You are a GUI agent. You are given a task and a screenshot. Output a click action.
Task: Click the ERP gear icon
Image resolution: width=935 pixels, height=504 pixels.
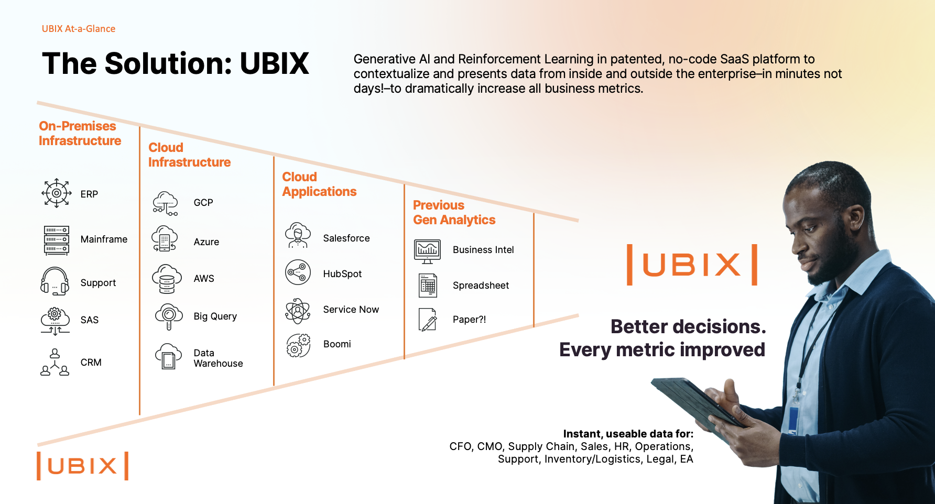[56, 193]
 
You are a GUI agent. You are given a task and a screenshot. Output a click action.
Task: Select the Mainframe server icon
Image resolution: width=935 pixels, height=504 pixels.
[56, 240]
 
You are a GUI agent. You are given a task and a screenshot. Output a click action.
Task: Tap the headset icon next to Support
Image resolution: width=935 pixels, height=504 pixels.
[55, 281]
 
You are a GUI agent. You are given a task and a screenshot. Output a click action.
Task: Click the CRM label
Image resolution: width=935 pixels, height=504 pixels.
[91, 363]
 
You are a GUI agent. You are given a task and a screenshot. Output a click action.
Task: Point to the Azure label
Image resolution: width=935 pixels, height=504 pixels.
[206, 242]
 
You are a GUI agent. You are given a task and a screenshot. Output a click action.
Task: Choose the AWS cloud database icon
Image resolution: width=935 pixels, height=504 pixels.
[167, 279]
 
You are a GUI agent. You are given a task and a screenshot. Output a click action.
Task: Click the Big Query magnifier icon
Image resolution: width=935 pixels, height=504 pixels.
[168, 316]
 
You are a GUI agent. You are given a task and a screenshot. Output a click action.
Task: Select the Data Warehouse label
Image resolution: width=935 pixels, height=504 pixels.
[218, 358]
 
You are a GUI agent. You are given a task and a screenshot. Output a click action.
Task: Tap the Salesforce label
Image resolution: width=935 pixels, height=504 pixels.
[346, 238]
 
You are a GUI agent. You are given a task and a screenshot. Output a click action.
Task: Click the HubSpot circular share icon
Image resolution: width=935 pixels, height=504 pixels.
[298, 272]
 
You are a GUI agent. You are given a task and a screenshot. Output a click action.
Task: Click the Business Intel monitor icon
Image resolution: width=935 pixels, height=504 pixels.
[427, 251]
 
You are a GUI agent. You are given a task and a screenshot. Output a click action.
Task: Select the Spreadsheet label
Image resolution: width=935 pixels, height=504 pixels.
[481, 286]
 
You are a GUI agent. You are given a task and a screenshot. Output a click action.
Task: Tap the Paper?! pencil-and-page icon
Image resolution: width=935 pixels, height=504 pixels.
[428, 319]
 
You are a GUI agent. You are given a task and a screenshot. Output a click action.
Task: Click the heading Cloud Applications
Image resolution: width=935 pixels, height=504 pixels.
[319, 184]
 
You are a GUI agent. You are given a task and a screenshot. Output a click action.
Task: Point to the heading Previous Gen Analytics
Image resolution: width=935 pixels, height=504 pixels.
[454, 213]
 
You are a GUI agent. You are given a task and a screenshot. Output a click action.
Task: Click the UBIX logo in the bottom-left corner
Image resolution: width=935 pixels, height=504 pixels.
[82, 466]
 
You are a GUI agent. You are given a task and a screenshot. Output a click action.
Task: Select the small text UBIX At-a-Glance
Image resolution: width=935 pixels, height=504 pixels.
[79, 29]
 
